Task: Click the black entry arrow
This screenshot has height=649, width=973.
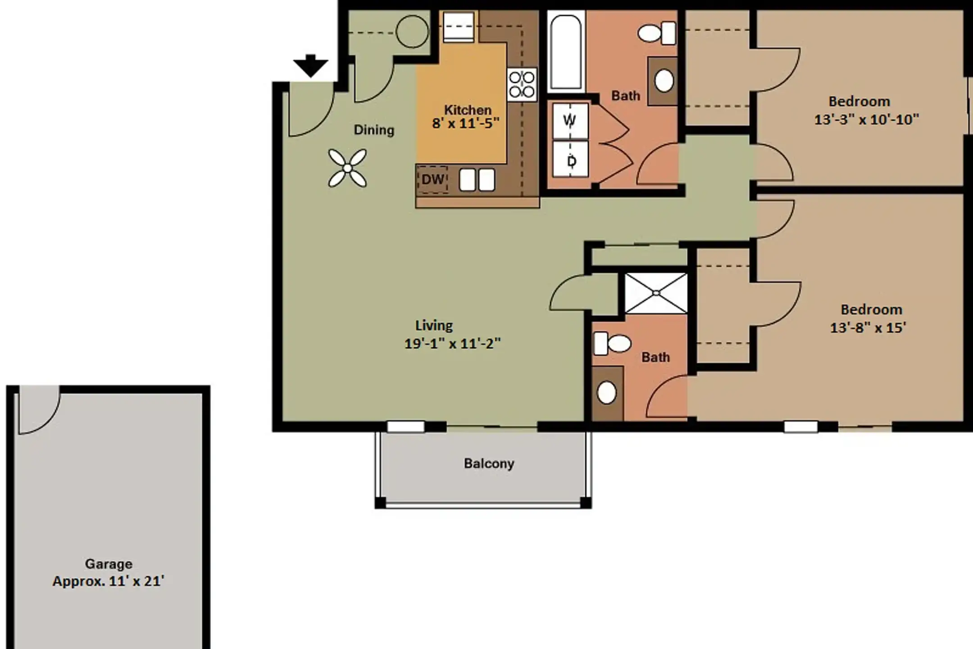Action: [310, 66]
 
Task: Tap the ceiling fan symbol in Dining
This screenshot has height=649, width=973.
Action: [347, 168]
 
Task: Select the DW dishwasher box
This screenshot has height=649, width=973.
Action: [432, 179]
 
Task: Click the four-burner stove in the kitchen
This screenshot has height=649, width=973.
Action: [522, 84]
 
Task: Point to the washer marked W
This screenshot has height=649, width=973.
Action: [570, 121]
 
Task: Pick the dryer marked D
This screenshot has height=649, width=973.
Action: [570, 159]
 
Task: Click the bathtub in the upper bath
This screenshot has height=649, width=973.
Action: [566, 52]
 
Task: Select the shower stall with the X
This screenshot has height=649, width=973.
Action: [656, 293]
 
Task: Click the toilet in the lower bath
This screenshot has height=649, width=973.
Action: [612, 343]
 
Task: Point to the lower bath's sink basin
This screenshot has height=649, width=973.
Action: [607, 393]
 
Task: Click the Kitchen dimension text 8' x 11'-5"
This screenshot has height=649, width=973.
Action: [466, 123]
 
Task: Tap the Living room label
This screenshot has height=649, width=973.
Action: [434, 325]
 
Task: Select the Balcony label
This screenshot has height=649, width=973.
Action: [489, 464]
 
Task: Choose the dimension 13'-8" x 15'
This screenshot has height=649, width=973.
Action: [868, 328]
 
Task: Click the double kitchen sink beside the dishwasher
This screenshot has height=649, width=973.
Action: [477, 180]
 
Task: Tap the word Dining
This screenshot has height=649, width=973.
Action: [374, 130]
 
